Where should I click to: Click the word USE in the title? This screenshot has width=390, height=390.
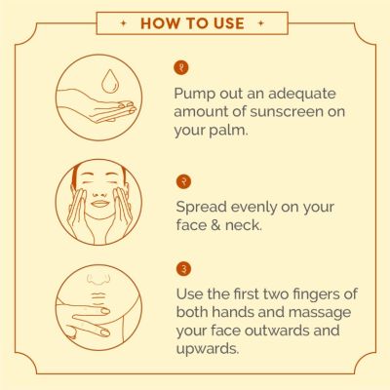click(229, 23)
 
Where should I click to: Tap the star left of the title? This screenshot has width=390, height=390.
click(124, 23)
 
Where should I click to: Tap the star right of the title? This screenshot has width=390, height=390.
click(260, 23)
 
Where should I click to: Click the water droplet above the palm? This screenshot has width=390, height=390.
click(109, 81)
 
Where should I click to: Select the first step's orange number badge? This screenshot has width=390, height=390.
click(181, 68)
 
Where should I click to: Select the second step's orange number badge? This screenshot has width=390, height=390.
click(183, 181)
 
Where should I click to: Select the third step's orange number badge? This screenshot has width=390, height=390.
click(184, 269)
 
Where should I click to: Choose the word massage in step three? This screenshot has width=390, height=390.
click(320, 313)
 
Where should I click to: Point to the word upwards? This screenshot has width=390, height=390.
click(208, 349)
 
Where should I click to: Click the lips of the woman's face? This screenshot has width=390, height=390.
click(100, 204)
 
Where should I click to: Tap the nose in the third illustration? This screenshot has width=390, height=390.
click(98, 280)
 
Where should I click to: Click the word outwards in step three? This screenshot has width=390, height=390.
click(275, 331)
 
